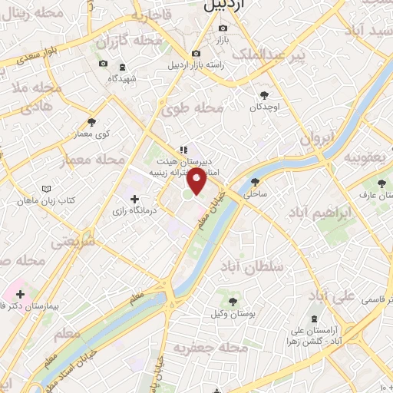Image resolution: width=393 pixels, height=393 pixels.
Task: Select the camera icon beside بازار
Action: pyautogui.click(x=223, y=28)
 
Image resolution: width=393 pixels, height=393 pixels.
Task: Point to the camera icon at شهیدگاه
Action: pyautogui.click(x=103, y=64)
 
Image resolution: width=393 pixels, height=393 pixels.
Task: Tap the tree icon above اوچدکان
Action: pyautogui.click(x=265, y=94)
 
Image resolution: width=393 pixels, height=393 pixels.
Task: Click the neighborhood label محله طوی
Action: pyautogui.click(x=193, y=108)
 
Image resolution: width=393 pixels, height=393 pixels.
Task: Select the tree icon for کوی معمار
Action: pyautogui.click(x=91, y=121)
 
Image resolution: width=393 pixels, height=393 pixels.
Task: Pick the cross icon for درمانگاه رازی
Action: pyautogui.click(x=135, y=198)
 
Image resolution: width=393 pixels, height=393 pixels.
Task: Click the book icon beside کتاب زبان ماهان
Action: pyautogui.click(x=48, y=188)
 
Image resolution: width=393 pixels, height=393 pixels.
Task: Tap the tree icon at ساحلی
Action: pyautogui.click(x=255, y=182)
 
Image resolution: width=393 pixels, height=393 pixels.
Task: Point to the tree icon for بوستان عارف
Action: pyautogui.click(x=381, y=182)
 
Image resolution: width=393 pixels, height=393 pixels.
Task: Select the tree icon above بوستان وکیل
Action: pyautogui.click(x=233, y=300)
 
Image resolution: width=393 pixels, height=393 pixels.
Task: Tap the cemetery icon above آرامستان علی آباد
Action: pyautogui.click(x=313, y=319)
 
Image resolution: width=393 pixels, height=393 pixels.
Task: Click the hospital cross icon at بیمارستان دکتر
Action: pyautogui.click(x=20, y=293)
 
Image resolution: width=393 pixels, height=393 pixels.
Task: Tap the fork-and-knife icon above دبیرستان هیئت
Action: pyautogui.click(x=183, y=150)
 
